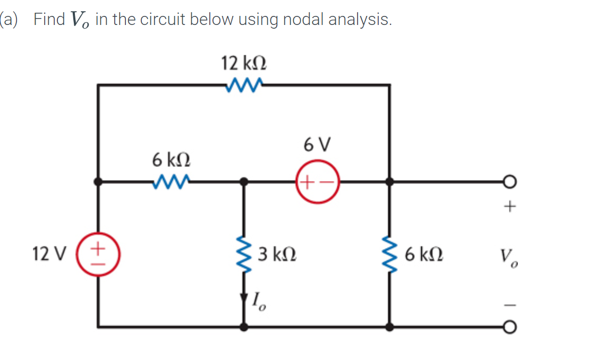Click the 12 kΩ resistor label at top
pyautogui.click(x=244, y=64)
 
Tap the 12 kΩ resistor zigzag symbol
pyautogui.click(x=243, y=84)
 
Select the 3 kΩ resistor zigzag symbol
pyautogui.click(x=244, y=254)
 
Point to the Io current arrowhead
pyautogui.click(x=244, y=299)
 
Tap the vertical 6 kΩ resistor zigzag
pyautogui.click(x=389, y=254)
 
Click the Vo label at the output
pyautogui.click(x=509, y=257)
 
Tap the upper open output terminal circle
pyautogui.click(x=509, y=182)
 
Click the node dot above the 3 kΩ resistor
pyautogui.click(x=244, y=182)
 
